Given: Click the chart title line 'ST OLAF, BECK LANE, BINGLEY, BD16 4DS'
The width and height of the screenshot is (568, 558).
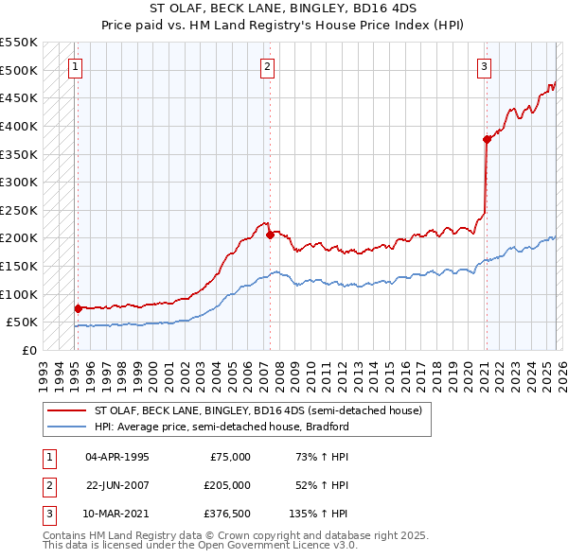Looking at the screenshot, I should coord(283,8).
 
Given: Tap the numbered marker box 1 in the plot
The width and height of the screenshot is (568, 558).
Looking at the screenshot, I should coord(75,66).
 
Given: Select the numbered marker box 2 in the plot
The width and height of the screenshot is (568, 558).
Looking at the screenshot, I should coord(268,66).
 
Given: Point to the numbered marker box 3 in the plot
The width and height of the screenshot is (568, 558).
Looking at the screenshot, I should coord(484,66).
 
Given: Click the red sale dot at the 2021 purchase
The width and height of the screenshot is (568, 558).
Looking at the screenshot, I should coord(487,139).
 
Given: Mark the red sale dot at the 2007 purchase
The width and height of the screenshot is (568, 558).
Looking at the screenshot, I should coord(270,235).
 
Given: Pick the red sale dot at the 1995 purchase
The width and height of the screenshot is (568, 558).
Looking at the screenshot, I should coord(78,307).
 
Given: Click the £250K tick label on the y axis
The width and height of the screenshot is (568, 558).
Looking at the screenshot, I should coord(19,210).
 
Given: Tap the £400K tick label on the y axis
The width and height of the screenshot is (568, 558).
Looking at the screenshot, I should coord(19,126).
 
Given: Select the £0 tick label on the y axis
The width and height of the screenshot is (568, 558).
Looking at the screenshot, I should coord(28,350).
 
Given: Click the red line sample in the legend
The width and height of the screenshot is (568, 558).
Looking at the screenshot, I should coord(67,410).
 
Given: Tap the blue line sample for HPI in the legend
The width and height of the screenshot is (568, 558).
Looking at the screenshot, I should coord(67,427).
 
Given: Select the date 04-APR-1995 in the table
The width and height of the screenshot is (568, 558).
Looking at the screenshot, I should coord(117,457).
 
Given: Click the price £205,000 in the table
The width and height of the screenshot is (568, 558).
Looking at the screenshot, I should coord(227,485).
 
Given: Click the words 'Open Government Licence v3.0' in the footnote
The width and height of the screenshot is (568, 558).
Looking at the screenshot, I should coord(282,546).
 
